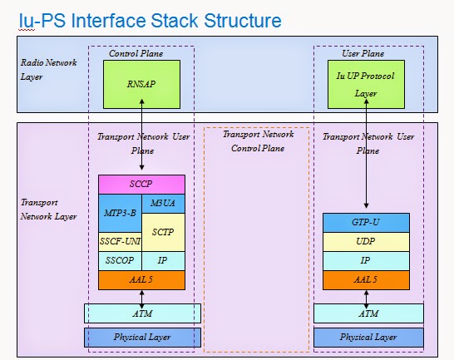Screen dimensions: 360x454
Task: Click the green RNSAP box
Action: [x=141, y=83]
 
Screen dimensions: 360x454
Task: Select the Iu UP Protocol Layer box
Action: [x=366, y=83]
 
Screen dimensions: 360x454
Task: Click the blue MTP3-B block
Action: [x=120, y=213]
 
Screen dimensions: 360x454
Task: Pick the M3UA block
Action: [x=163, y=203]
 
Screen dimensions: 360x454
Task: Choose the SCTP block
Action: [x=163, y=232]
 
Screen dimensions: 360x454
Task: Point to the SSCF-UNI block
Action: [x=120, y=242]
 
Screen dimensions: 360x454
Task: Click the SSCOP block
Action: [x=120, y=261]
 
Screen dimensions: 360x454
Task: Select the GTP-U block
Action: [x=366, y=223]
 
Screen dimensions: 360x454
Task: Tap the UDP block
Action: [x=366, y=241]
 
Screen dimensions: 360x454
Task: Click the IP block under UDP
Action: [x=366, y=260]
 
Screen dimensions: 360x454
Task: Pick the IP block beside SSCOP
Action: [x=163, y=261]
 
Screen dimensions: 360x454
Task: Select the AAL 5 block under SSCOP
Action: [x=141, y=280]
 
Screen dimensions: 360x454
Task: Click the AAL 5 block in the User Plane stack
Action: [x=366, y=280]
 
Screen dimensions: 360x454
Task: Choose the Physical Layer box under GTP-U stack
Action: [x=366, y=338]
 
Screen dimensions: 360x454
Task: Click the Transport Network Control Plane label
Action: [x=257, y=142]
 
